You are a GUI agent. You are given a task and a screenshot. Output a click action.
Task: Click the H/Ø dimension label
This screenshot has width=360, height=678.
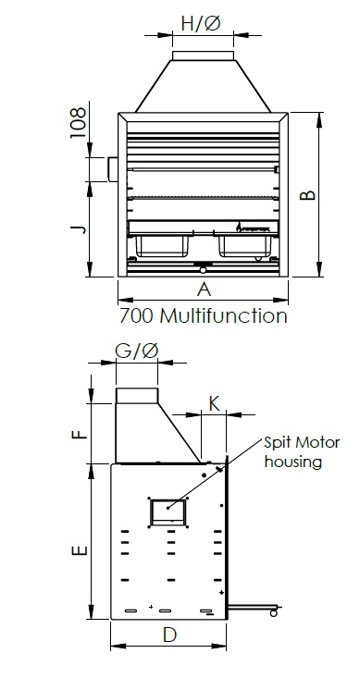[x=201, y=23]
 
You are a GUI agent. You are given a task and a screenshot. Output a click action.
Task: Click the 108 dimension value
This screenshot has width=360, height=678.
[x=79, y=123]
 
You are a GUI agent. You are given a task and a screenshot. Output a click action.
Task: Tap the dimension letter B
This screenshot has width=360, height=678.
[x=307, y=195]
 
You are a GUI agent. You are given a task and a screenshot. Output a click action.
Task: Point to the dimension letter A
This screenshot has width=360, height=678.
[x=204, y=290]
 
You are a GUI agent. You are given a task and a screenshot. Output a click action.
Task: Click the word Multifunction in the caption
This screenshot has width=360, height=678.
[x=223, y=316]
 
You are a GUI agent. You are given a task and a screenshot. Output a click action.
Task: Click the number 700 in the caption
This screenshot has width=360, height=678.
[x=136, y=316]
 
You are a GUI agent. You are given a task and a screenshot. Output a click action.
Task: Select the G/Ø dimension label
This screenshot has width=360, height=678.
[x=137, y=351]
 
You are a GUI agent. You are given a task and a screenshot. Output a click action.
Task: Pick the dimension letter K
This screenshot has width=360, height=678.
[x=214, y=404]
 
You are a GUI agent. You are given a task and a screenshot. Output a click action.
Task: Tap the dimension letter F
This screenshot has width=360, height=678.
[x=80, y=433]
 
